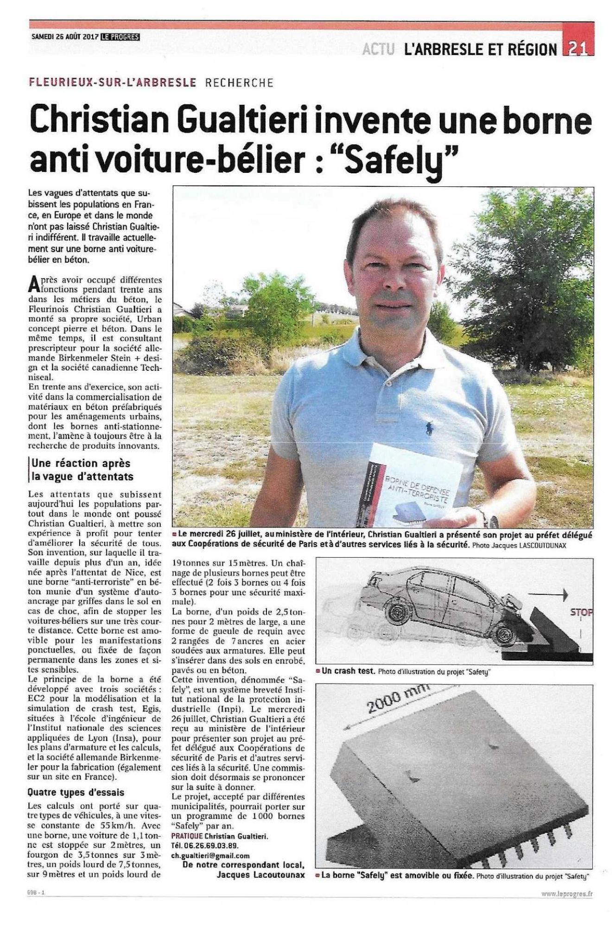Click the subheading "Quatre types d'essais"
coord(76,792)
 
